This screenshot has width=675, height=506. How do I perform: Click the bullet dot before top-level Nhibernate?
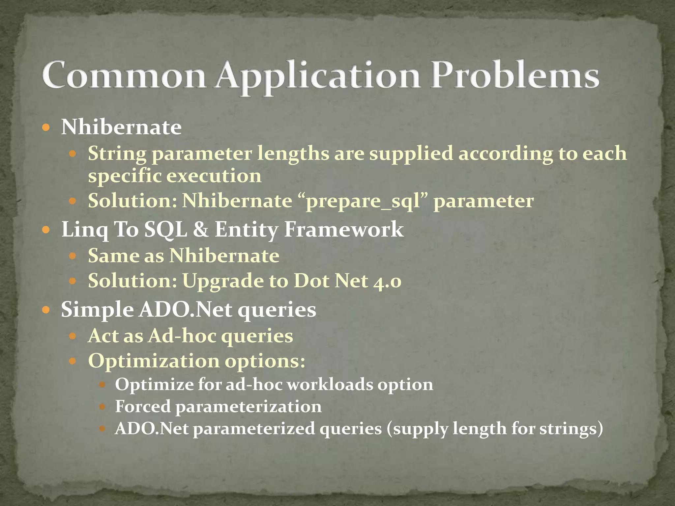(x=46, y=127)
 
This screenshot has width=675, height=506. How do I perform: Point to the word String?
(x=117, y=154)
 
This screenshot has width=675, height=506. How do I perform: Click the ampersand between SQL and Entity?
(x=201, y=229)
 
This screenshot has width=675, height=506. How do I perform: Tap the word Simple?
(x=97, y=310)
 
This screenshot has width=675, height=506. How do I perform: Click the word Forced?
(x=143, y=406)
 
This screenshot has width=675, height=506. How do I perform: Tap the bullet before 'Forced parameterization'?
(x=102, y=407)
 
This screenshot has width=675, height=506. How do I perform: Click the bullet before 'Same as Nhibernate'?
(x=73, y=256)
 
